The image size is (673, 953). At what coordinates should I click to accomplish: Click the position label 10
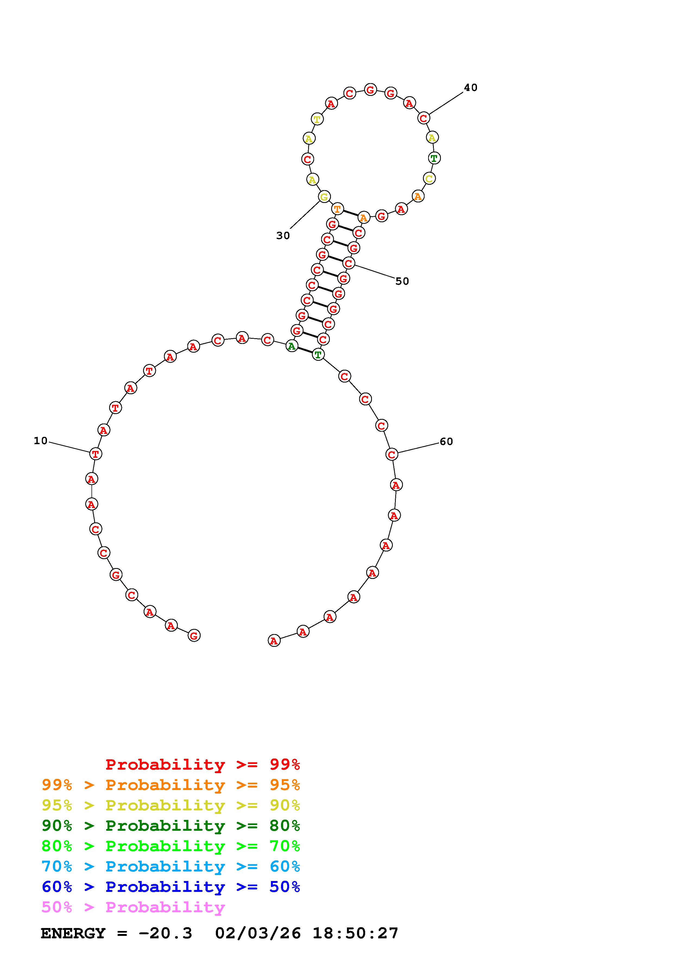click(41, 441)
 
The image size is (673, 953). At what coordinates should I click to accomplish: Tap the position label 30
click(283, 236)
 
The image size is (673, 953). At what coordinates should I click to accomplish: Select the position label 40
click(471, 87)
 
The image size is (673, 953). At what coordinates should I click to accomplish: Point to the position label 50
click(402, 281)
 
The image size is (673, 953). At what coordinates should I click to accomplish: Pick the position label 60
click(446, 442)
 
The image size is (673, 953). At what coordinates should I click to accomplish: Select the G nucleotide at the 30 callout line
click(324, 197)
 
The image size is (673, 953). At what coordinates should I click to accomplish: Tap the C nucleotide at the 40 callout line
click(423, 118)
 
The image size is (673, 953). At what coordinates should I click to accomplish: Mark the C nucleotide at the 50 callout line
click(349, 263)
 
